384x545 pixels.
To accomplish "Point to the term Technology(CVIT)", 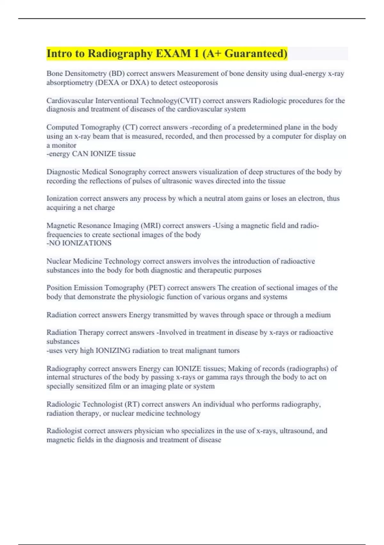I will [171, 101].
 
